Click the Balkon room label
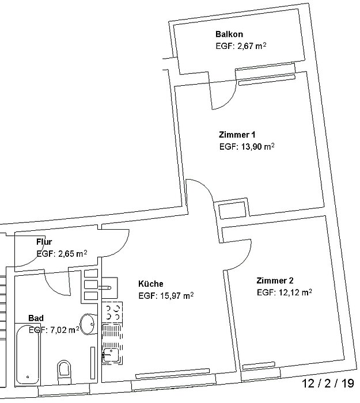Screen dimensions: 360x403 pyautogui.click(x=229, y=34)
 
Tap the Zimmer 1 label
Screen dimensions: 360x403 pyautogui.click(x=237, y=135)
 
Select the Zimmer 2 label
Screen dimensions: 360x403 pyautogui.click(x=275, y=280)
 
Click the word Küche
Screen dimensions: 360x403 pyautogui.click(x=151, y=284)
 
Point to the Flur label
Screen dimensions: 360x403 pyautogui.click(x=44, y=242)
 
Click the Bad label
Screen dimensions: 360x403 pyautogui.click(x=36, y=318)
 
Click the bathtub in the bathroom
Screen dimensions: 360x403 pyautogui.click(x=28, y=355)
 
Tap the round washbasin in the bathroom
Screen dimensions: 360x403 pyautogui.click(x=88, y=324)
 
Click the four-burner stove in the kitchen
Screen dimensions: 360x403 pyautogui.click(x=112, y=312)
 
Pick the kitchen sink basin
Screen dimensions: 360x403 pyautogui.click(x=111, y=355)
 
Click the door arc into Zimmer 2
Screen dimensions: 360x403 pyautogui.click(x=244, y=259)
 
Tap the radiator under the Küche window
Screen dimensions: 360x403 pyautogui.click(x=173, y=374)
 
